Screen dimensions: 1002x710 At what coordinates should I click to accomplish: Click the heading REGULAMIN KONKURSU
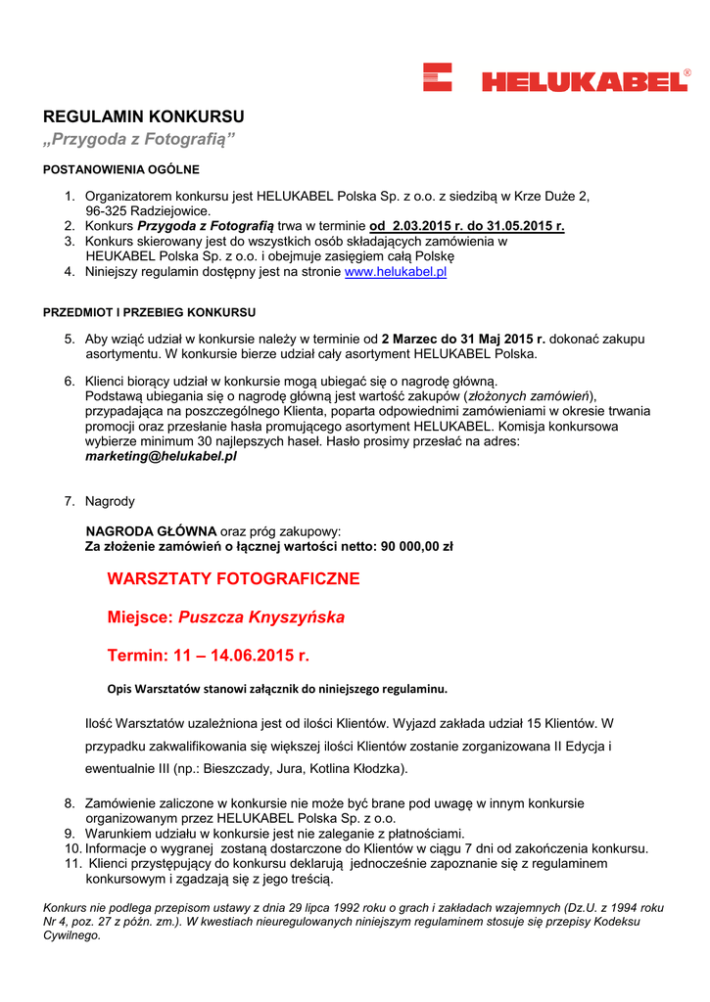143,116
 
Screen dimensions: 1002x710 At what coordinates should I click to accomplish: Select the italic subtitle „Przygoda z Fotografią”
139,140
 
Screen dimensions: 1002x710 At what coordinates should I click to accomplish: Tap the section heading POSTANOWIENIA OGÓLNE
121,169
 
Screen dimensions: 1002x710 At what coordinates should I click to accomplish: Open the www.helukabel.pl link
396,272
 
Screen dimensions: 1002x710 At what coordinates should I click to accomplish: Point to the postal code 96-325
108,210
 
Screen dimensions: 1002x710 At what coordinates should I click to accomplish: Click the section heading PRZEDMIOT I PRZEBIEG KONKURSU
150,312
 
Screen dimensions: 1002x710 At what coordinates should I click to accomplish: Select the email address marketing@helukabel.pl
161,456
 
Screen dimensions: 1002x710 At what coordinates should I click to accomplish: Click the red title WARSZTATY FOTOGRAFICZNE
233,578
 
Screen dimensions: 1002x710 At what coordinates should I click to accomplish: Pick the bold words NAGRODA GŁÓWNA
151,531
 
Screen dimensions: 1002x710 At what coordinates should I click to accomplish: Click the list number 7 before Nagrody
70,501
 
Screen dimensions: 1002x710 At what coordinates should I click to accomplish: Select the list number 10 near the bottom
71,848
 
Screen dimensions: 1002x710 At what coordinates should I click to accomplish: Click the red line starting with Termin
208,655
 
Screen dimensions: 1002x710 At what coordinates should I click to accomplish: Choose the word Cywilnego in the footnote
71,935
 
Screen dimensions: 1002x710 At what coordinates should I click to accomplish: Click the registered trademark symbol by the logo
686,73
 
